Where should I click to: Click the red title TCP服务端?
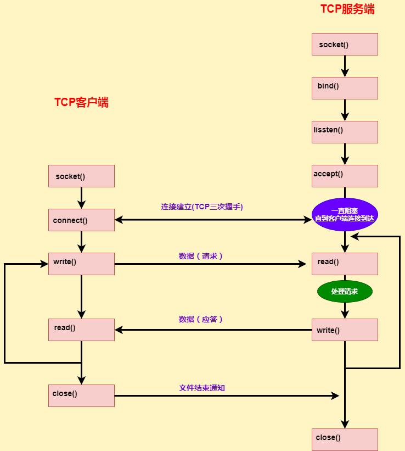tap(347, 9)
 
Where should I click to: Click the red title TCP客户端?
tap(81, 102)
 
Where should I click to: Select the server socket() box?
tap(345, 44)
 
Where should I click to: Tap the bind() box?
tap(345, 88)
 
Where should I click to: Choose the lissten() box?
tap(345, 132)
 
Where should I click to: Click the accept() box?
tap(345, 176)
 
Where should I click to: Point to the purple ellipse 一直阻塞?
tap(345, 214)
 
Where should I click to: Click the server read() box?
tap(345, 264)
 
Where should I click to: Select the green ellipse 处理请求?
tap(345, 291)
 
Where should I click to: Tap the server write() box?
tap(345, 330)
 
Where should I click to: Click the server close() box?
tap(345, 439)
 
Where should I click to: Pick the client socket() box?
tap(81, 176)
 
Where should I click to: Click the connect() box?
tap(81, 220)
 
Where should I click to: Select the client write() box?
tap(81, 264)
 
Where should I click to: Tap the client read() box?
tap(81, 330)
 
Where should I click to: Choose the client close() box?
tap(81, 396)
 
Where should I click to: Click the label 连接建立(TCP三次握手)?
tap(202, 207)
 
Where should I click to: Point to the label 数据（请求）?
tap(201, 256)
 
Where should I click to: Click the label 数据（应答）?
tap(201, 319)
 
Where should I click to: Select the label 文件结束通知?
tap(202, 388)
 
